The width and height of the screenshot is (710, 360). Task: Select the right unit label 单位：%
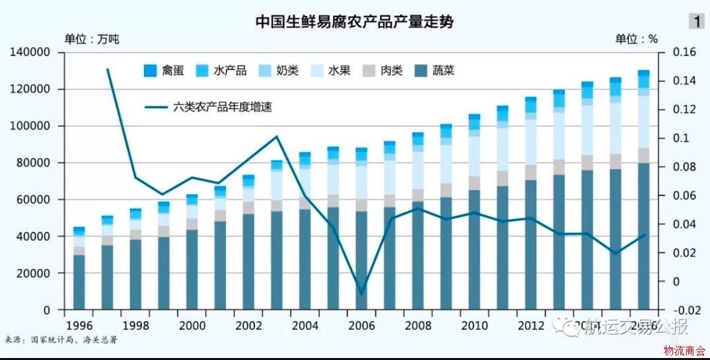637,38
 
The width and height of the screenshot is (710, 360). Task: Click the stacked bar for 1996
79,271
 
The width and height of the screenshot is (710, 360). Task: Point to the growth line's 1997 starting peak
107,69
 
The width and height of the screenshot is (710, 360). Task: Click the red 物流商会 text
684,349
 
